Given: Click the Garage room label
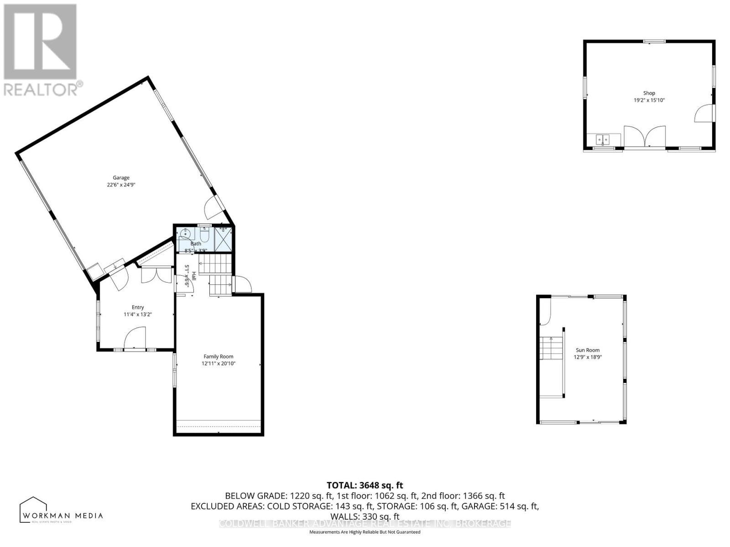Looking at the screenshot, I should pyautogui.click(x=121, y=178).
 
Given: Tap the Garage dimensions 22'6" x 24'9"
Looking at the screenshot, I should pyautogui.click(x=121, y=185).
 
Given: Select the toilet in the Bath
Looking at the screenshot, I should pyautogui.click(x=204, y=236).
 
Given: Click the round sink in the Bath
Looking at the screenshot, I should pyautogui.click(x=184, y=234).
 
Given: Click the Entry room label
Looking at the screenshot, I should pyautogui.click(x=137, y=307).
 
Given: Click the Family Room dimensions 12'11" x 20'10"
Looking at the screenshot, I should pyautogui.click(x=218, y=364).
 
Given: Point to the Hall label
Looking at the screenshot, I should pyautogui.click(x=193, y=276).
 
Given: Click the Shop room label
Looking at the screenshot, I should pyautogui.click(x=649, y=93).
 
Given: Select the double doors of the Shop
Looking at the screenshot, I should pyautogui.click(x=644, y=136).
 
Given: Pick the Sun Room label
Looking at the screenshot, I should pyautogui.click(x=587, y=350).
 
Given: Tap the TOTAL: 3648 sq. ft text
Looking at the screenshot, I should pyautogui.click(x=365, y=485).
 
